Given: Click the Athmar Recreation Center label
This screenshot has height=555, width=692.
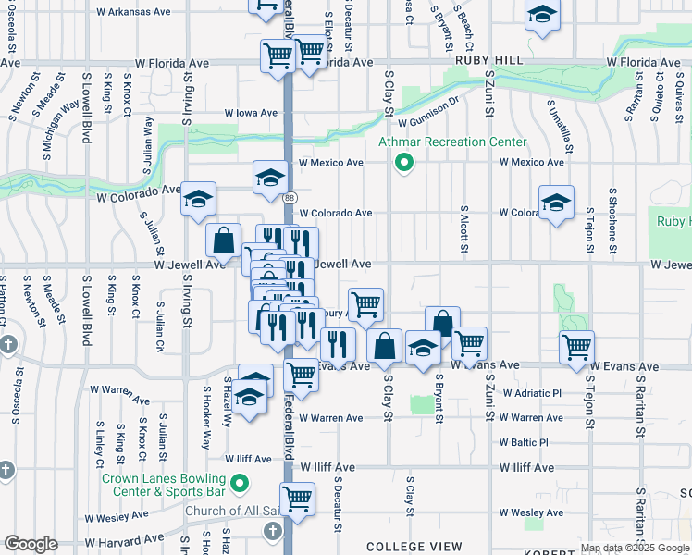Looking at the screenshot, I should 452,142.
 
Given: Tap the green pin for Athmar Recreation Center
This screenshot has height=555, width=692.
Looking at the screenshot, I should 403,164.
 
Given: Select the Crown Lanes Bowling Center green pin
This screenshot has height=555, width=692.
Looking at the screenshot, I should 240,483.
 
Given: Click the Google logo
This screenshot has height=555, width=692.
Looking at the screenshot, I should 31,544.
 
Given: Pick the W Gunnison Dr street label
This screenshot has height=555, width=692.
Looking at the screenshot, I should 429,122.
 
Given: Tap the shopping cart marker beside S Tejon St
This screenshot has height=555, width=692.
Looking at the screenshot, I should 577,348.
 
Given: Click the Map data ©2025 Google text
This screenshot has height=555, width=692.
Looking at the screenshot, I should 636,548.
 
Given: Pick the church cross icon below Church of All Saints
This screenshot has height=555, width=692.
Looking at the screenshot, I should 272,532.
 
